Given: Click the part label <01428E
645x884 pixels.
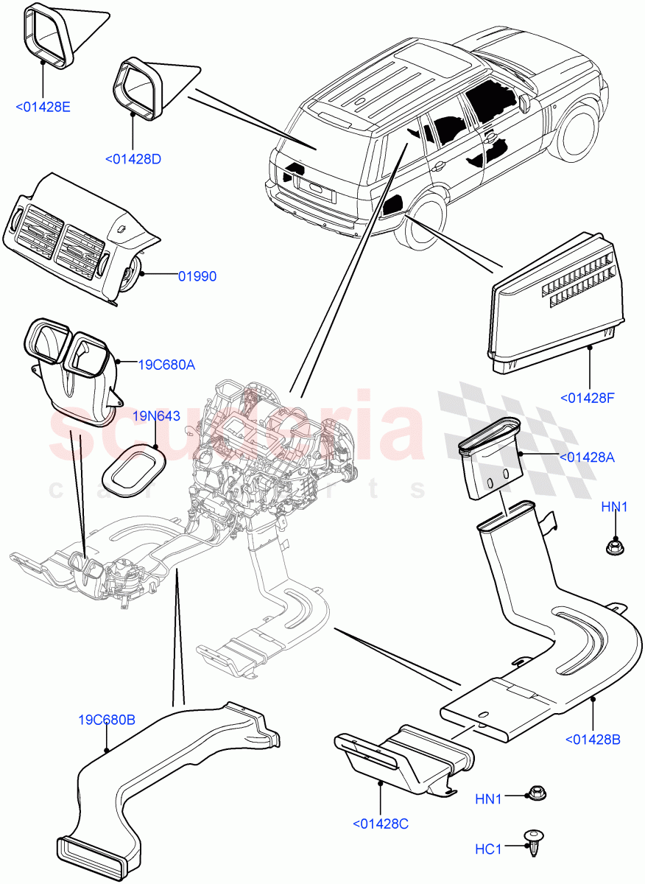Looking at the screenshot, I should (43, 107).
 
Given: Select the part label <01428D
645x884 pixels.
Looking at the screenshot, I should (133, 158).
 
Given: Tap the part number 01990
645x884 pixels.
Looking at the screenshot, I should (197, 276).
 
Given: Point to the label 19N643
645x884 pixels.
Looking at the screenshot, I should (156, 416).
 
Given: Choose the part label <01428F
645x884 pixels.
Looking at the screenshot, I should (587, 398).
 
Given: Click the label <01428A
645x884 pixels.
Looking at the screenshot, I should (587, 457).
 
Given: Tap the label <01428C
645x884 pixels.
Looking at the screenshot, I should (380, 824).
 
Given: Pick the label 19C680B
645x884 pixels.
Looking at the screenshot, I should (107, 720).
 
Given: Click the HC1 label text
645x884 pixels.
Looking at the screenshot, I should (487, 849).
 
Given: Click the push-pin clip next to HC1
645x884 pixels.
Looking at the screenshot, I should (533, 842).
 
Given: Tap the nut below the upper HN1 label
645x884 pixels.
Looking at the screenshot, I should (613, 547).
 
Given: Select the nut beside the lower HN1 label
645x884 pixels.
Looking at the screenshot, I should (535, 794).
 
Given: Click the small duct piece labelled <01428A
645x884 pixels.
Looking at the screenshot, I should (486, 464).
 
